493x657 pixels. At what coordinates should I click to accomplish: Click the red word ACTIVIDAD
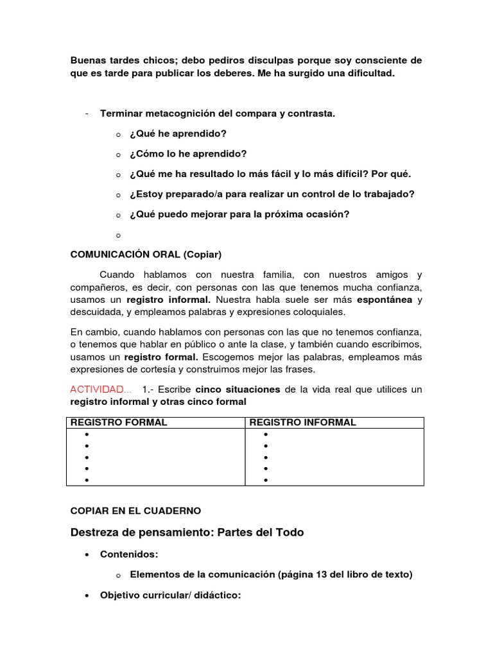point(97,389)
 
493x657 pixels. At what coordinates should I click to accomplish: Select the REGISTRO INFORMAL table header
point(302,422)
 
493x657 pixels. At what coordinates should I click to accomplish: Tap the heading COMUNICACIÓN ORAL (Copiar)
point(145,254)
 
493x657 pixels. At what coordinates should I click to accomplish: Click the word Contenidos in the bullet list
point(128,554)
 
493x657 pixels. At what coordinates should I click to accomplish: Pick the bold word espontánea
point(384,300)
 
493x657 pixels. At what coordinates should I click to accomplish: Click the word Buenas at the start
point(87,60)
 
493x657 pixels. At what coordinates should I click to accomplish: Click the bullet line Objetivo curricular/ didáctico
point(170,595)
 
